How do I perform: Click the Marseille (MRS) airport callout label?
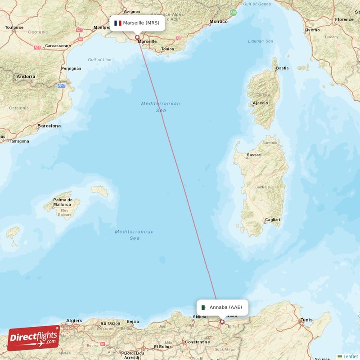(x=137, y=23)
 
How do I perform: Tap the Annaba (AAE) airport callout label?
(x=222, y=307)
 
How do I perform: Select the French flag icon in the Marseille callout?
(x=118, y=23)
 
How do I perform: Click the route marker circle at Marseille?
(x=137, y=38)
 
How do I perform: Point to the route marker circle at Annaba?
(x=222, y=322)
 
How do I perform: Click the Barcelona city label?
(x=49, y=126)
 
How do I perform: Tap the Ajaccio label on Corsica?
(x=260, y=103)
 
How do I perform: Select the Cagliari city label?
(x=272, y=220)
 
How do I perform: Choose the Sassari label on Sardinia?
(x=254, y=156)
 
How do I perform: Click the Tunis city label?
(x=306, y=320)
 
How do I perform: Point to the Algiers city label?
(x=74, y=321)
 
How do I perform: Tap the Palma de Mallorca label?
(x=63, y=202)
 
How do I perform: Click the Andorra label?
(x=26, y=76)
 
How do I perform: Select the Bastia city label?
(x=282, y=68)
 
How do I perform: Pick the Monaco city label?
(x=219, y=21)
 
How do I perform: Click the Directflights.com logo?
(x=33, y=338)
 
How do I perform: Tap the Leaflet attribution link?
(x=351, y=356)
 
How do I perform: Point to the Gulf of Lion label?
(x=99, y=60)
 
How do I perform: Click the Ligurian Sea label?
(x=261, y=41)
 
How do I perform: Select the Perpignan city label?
(x=71, y=68)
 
